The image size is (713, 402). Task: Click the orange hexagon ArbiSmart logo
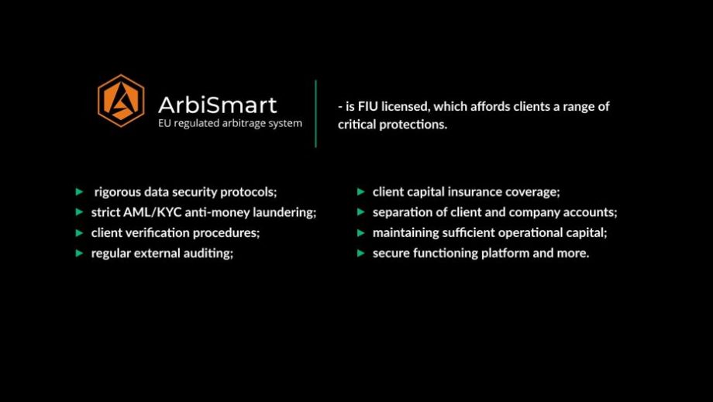coord(121,101)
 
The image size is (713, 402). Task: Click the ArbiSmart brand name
coord(217,105)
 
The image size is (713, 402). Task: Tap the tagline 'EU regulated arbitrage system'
coord(230,123)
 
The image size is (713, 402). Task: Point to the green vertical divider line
coord(315,114)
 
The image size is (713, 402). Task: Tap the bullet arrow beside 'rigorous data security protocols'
coord(80,191)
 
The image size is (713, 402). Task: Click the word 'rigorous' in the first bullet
coord(118,192)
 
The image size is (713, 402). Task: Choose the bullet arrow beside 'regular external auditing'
coord(80,253)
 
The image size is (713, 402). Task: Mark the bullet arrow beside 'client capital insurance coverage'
coord(361,191)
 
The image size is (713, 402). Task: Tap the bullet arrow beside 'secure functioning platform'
coord(361,253)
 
